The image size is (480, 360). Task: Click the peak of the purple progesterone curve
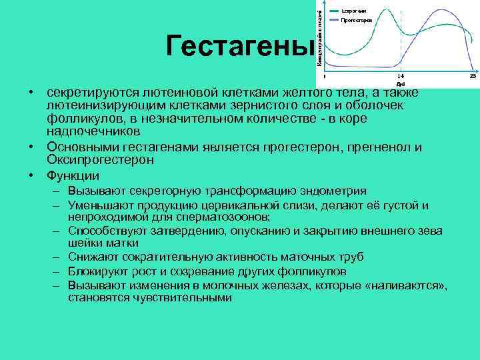[441, 11]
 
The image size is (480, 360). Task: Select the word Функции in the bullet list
[73, 176]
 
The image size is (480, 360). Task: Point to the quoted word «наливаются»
[411, 285]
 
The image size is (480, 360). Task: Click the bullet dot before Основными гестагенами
[31, 147]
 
